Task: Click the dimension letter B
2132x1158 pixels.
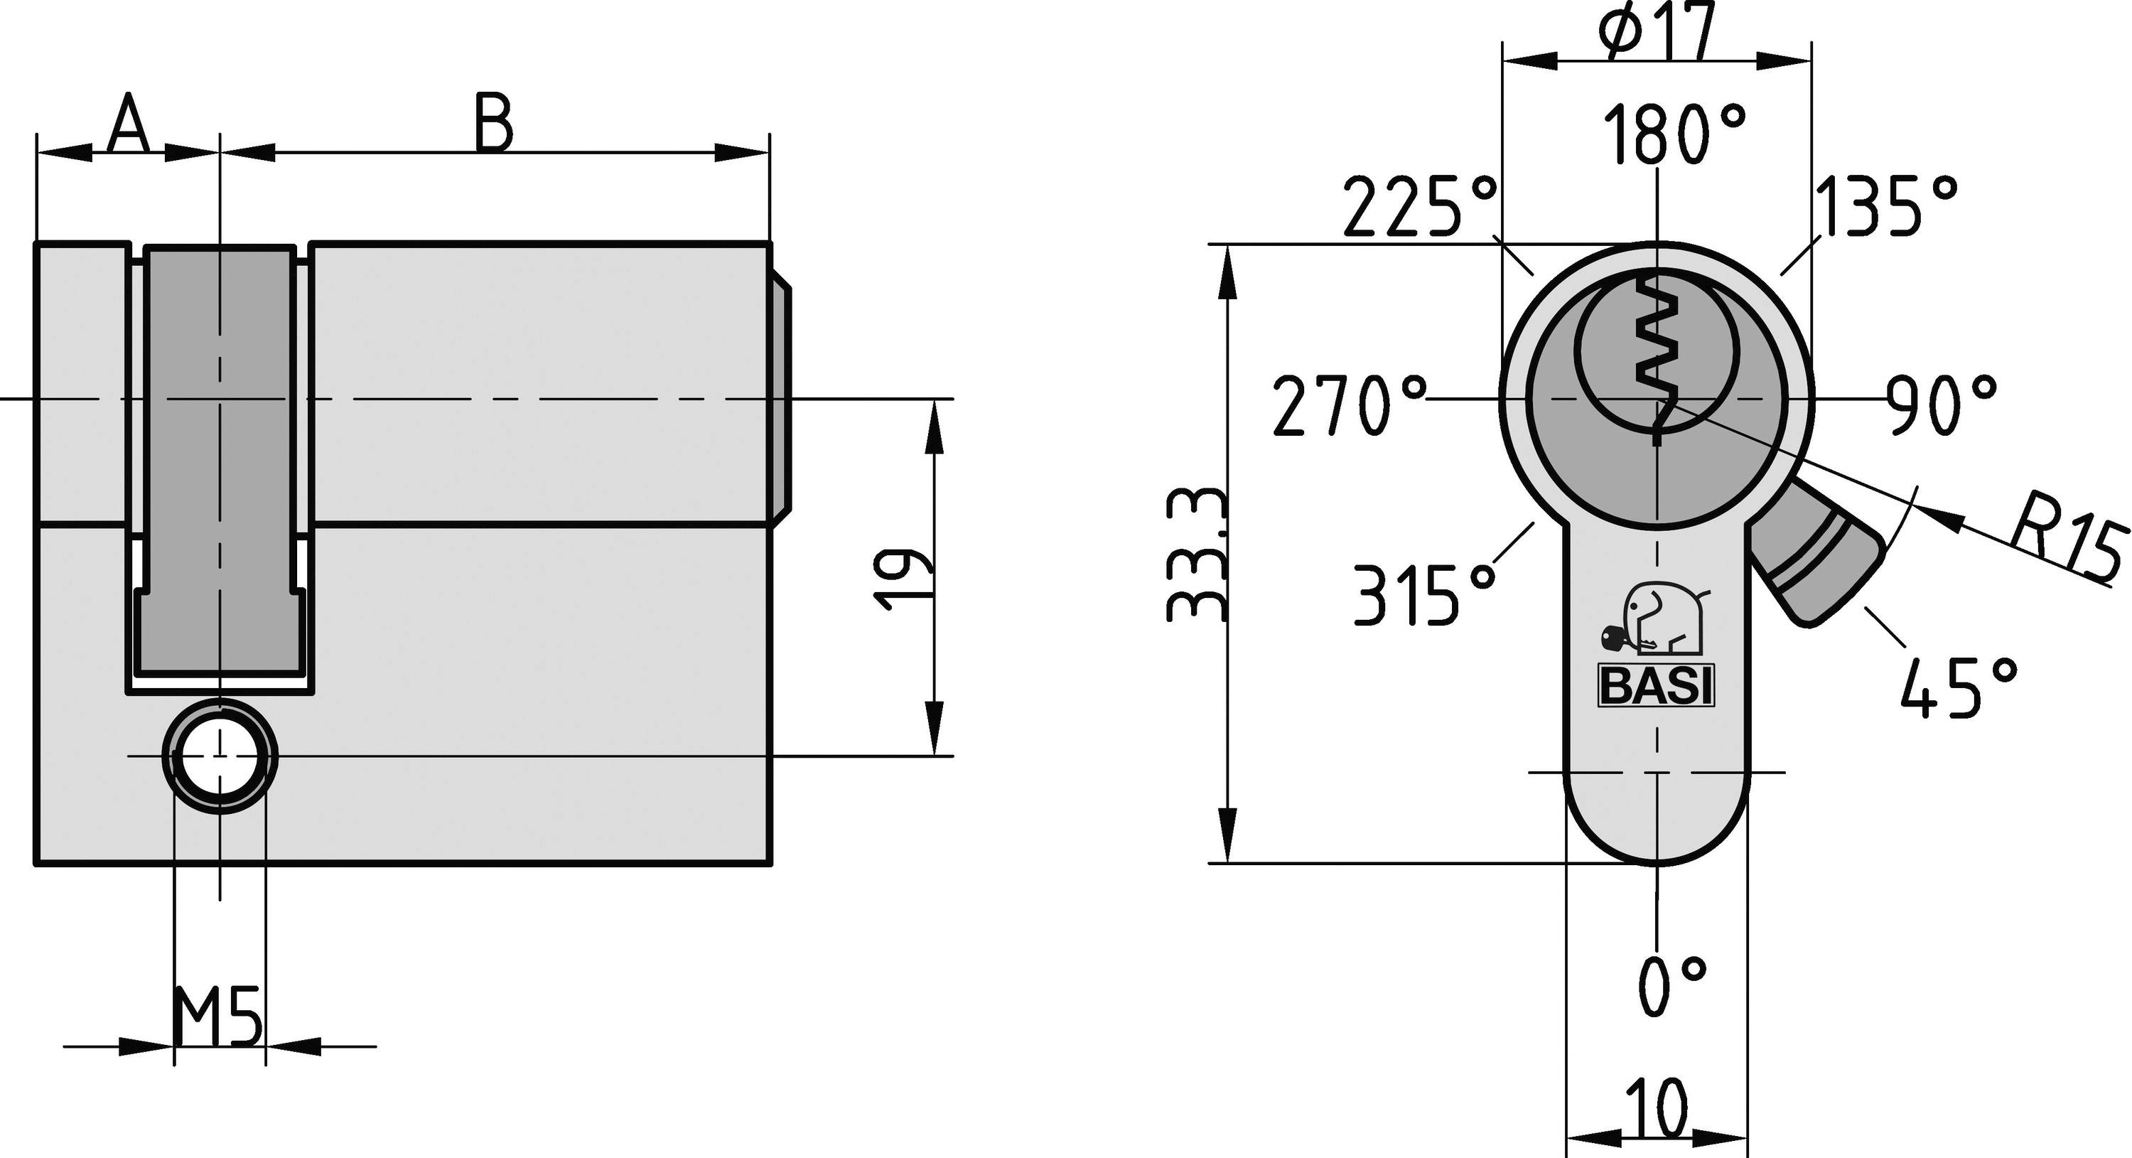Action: tap(494, 124)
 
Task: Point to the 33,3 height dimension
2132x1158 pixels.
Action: tap(1195, 554)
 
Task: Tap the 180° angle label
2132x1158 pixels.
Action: tap(1674, 134)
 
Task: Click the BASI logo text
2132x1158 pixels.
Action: tap(1655, 686)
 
